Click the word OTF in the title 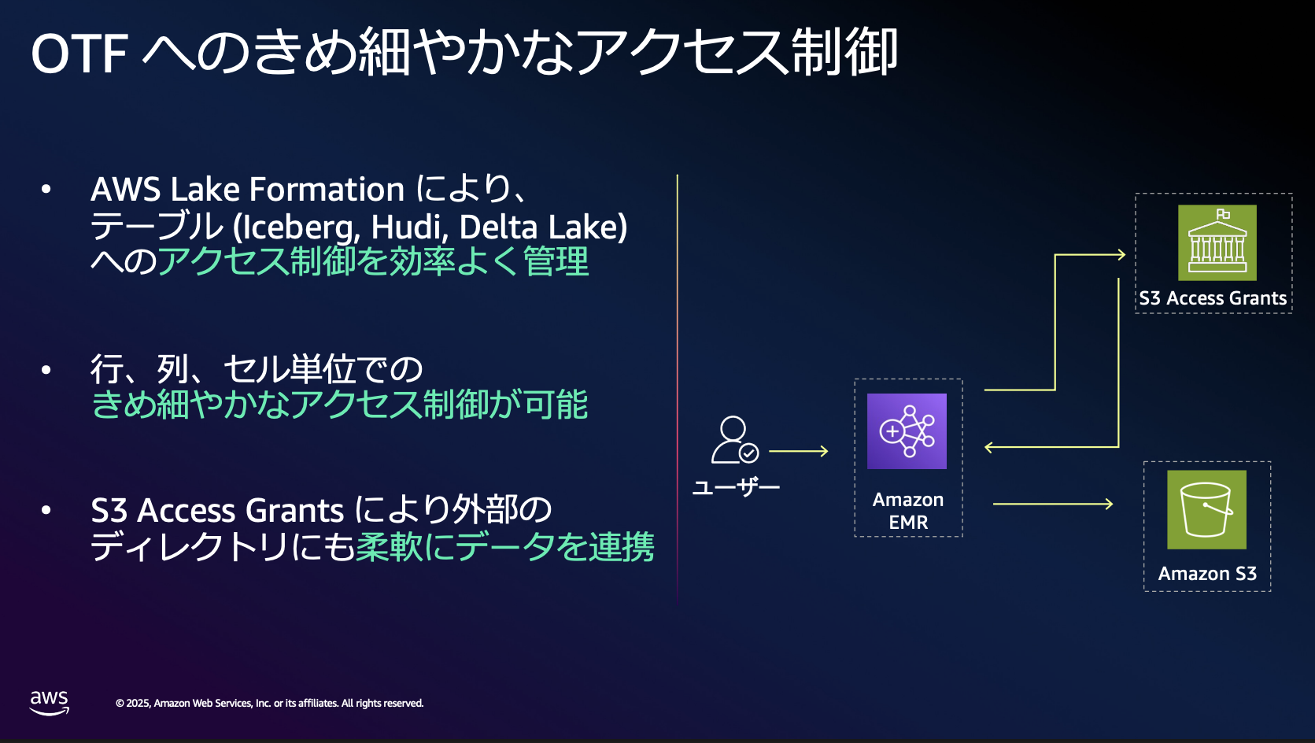(x=79, y=54)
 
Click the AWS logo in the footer (x=50, y=703)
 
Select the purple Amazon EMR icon (x=907, y=431)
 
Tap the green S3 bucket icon (x=1206, y=509)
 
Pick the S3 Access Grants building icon (x=1217, y=242)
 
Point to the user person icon (x=734, y=440)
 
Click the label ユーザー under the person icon (x=736, y=487)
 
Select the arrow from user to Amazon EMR (x=799, y=451)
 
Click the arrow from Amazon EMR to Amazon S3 (x=1053, y=504)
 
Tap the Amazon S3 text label (x=1207, y=573)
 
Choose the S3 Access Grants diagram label (x=1213, y=298)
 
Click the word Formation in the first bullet (x=327, y=189)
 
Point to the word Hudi (x=405, y=227)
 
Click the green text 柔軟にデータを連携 (x=505, y=547)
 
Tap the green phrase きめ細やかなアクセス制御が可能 (x=339, y=404)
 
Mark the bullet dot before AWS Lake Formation (x=46, y=189)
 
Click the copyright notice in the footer (x=269, y=703)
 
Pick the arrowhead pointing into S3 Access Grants (x=1121, y=255)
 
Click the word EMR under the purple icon (x=908, y=522)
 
